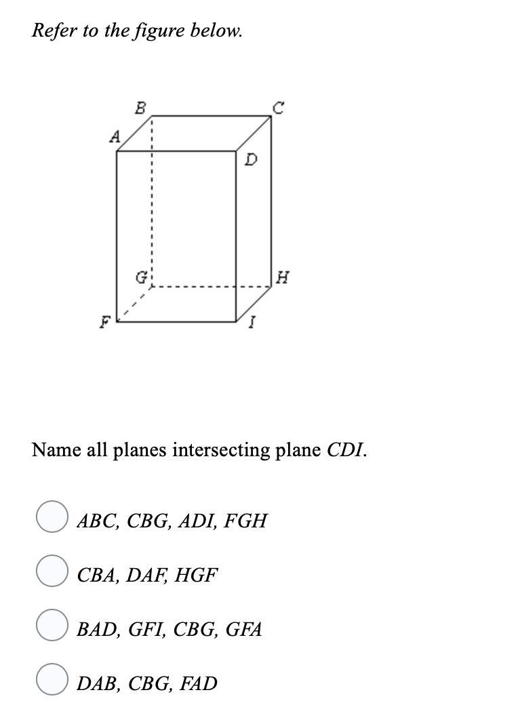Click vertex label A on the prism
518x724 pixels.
[115, 136]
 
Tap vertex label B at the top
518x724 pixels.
[140, 107]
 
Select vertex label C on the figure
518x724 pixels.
[278, 107]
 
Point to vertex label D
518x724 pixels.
[252, 160]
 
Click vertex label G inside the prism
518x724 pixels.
[141, 278]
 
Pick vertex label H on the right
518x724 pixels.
[283, 277]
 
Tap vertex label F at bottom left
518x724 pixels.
[105, 322]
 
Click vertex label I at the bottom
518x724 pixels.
[252, 323]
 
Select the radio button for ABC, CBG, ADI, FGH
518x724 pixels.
[52, 517]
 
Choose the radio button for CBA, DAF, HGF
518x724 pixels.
[52, 570]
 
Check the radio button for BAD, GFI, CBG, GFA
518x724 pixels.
[52, 624]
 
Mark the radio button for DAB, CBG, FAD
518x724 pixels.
[52, 679]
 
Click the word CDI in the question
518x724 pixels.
[346, 450]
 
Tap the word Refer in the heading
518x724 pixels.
[54, 31]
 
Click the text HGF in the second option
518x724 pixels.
[196, 576]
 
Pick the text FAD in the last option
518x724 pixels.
[198, 683]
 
